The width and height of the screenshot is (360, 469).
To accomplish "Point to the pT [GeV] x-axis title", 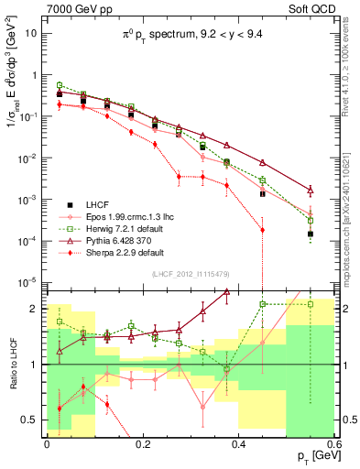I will (x=311, y=455).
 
